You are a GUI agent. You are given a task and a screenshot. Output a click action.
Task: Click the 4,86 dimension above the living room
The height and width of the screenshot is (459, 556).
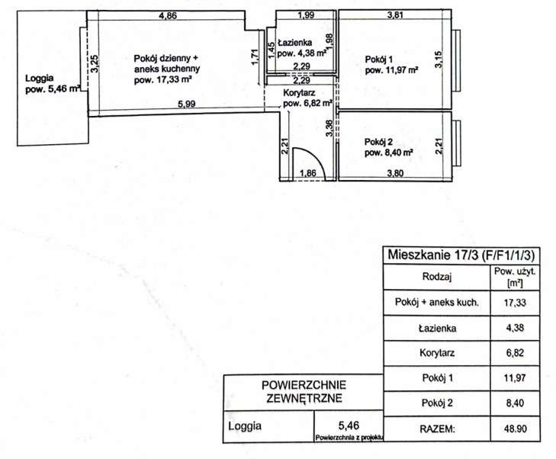[x=168, y=15]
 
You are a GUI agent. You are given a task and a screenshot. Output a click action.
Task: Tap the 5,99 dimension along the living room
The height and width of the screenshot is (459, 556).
[x=187, y=104]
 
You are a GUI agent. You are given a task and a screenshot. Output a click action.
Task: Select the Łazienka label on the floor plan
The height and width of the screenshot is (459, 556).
[x=294, y=43]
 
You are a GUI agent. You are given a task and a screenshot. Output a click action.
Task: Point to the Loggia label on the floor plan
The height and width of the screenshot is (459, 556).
[x=40, y=78]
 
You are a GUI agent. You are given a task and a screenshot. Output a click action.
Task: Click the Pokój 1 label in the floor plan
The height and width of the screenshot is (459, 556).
[x=379, y=59]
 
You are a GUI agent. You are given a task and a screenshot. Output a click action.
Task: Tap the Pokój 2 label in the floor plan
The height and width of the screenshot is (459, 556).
[x=379, y=142]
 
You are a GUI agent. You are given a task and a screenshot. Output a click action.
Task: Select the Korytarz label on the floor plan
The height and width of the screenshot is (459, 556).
[x=299, y=93]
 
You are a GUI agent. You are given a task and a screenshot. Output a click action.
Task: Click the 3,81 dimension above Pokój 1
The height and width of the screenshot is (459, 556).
[x=395, y=15]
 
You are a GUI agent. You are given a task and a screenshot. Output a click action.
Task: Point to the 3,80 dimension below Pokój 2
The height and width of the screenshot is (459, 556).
[x=395, y=173]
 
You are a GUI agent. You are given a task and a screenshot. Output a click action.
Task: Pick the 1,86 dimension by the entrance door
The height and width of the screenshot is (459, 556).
[x=308, y=173]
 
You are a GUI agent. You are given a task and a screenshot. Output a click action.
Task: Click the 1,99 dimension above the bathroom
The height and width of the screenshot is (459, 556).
[x=306, y=15]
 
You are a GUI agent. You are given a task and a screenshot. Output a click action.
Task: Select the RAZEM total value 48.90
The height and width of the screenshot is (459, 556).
[x=516, y=429]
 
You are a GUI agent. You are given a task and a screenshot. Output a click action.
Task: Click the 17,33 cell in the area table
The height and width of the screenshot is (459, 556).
[x=516, y=303]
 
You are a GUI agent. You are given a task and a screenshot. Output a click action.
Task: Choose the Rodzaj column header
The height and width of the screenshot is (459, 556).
[x=437, y=277]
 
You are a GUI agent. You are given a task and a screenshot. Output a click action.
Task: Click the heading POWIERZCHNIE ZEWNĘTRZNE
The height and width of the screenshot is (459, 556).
[x=304, y=392]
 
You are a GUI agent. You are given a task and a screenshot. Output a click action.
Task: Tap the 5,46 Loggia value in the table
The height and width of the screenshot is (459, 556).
[x=349, y=425]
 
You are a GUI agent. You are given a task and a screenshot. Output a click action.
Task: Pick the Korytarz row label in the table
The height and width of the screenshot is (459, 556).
[x=437, y=353]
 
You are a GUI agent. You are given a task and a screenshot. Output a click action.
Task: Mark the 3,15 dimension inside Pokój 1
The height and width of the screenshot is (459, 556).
[x=439, y=59]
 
